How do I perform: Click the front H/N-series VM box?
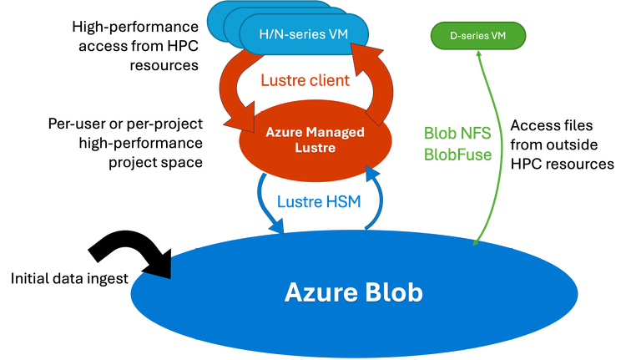tap(304, 33)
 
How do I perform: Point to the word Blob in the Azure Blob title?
tap(394, 292)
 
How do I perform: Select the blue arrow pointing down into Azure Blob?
tap(265, 205)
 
